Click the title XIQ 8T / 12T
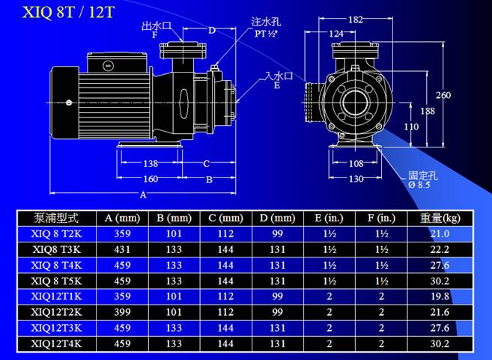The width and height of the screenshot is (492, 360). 68,12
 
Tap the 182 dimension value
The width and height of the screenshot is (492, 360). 356,19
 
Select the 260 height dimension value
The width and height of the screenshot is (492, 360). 443,95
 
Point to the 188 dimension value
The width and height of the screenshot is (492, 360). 428,111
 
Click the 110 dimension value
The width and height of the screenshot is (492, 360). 411,126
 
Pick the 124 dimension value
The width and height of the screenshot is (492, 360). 336,34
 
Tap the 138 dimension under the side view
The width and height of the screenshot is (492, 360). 151,163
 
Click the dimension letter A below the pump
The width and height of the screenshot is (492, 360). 143,195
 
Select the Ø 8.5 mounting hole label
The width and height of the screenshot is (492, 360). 419,185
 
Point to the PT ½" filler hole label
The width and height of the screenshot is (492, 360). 266,34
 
